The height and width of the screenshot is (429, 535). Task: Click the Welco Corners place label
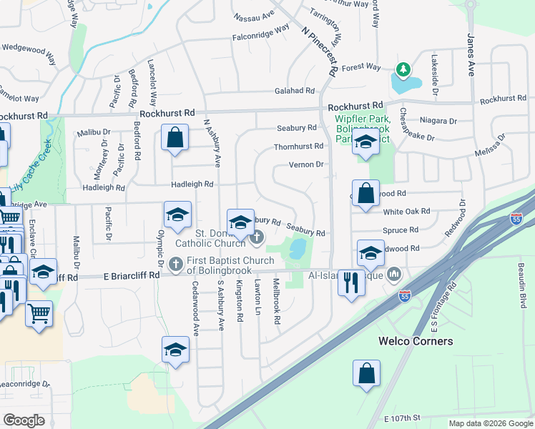click(x=416, y=341)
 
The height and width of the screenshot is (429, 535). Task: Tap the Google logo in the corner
click(x=24, y=420)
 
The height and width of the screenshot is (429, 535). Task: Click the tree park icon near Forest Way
click(x=403, y=70)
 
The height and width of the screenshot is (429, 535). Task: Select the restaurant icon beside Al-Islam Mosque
click(x=350, y=281)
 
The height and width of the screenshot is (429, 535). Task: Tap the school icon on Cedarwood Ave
click(x=175, y=350)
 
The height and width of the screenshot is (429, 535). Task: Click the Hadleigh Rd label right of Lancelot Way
click(x=192, y=184)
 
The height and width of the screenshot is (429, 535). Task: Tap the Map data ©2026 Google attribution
click(x=491, y=423)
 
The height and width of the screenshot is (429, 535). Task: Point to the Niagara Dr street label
click(x=438, y=121)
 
